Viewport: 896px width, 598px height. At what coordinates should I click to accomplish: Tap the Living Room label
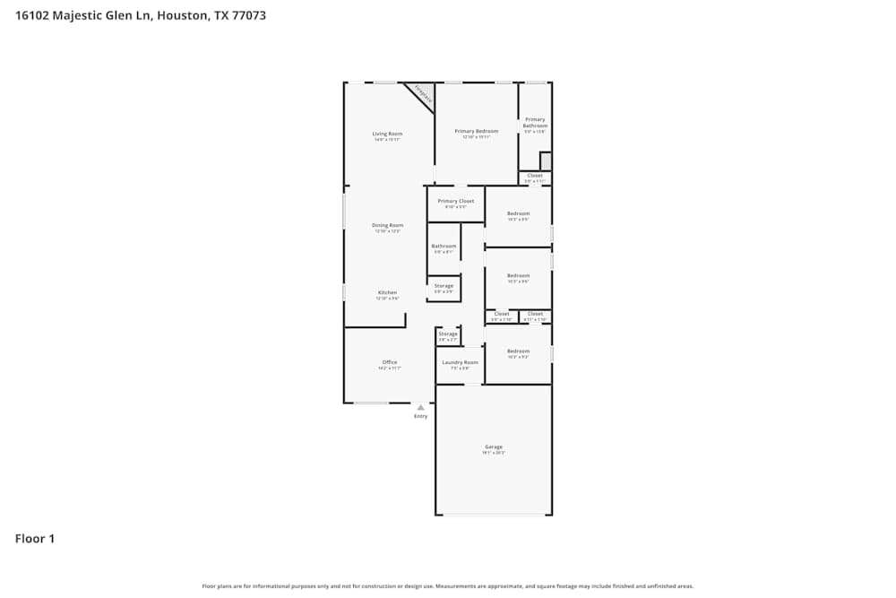(x=387, y=134)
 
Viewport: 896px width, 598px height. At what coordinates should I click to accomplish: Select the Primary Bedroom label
(x=476, y=131)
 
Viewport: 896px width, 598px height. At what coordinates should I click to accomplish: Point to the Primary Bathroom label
(x=535, y=123)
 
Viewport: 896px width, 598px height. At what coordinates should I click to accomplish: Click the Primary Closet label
(x=455, y=201)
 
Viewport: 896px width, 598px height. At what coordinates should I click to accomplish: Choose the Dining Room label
(x=387, y=225)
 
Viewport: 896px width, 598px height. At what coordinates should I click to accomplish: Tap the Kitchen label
(x=387, y=292)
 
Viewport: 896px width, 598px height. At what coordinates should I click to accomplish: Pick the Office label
(x=389, y=362)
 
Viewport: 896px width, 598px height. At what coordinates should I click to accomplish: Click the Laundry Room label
(x=460, y=362)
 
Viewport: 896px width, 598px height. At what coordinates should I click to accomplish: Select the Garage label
(x=494, y=446)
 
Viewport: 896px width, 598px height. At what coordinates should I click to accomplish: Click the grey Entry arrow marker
(x=420, y=407)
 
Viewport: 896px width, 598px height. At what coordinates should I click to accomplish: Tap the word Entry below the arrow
(x=420, y=416)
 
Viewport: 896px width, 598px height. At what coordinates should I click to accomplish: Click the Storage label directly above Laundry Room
(x=447, y=334)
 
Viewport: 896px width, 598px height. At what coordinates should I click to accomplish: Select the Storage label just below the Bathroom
(x=444, y=286)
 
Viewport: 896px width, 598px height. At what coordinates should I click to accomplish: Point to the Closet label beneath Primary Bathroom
(x=535, y=176)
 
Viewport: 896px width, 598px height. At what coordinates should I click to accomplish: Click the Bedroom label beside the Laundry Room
(x=518, y=351)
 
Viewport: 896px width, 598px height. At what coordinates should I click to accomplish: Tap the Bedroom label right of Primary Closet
(x=518, y=213)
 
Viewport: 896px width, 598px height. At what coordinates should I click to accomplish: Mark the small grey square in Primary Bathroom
(x=545, y=161)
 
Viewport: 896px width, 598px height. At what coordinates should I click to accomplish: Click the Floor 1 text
(x=35, y=539)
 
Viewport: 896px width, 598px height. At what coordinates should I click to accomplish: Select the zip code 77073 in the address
(x=247, y=15)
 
